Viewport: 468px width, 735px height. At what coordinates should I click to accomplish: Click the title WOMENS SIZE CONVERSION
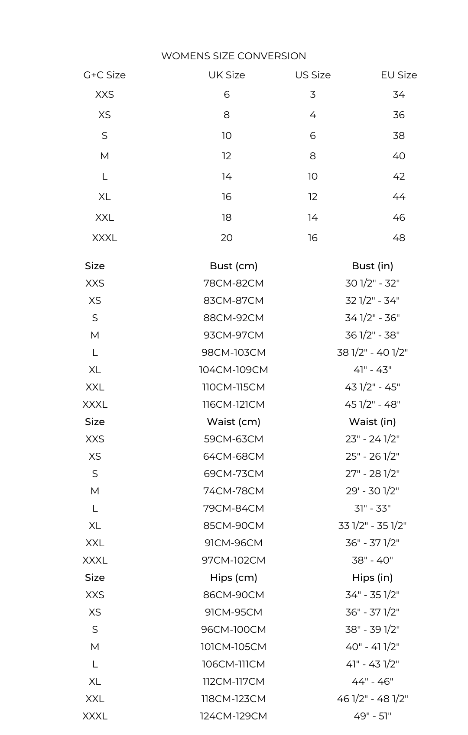point(234,56)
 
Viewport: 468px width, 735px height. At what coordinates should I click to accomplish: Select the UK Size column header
point(227,75)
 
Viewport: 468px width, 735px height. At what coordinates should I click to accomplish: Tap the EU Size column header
point(399,75)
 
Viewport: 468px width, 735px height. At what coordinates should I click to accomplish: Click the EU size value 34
point(399,94)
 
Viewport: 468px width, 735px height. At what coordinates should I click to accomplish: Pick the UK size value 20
point(227,238)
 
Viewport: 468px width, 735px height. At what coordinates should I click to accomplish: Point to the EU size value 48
point(399,238)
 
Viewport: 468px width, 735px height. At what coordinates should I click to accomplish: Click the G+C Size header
point(104,75)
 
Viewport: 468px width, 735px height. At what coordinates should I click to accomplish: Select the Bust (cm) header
point(234,266)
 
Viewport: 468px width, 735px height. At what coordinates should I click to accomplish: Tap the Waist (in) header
point(372,422)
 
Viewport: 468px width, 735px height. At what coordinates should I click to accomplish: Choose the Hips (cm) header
point(234,577)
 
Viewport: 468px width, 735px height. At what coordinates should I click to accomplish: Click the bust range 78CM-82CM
point(234,283)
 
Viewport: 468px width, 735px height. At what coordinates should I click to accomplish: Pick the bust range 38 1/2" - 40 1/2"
point(372,352)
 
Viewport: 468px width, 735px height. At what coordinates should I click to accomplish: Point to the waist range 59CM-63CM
point(234,439)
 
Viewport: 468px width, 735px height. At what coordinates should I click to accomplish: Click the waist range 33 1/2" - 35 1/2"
point(372,525)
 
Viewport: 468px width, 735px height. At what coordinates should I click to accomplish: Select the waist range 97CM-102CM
point(234,560)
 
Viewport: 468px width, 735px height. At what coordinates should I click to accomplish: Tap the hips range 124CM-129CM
point(234,716)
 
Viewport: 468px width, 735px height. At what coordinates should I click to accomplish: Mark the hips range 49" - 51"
point(372,716)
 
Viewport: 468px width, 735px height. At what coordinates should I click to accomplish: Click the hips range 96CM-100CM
point(234,629)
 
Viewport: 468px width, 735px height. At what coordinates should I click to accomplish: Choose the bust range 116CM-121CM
point(234,404)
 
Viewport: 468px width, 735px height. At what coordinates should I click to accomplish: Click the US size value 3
point(313,94)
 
